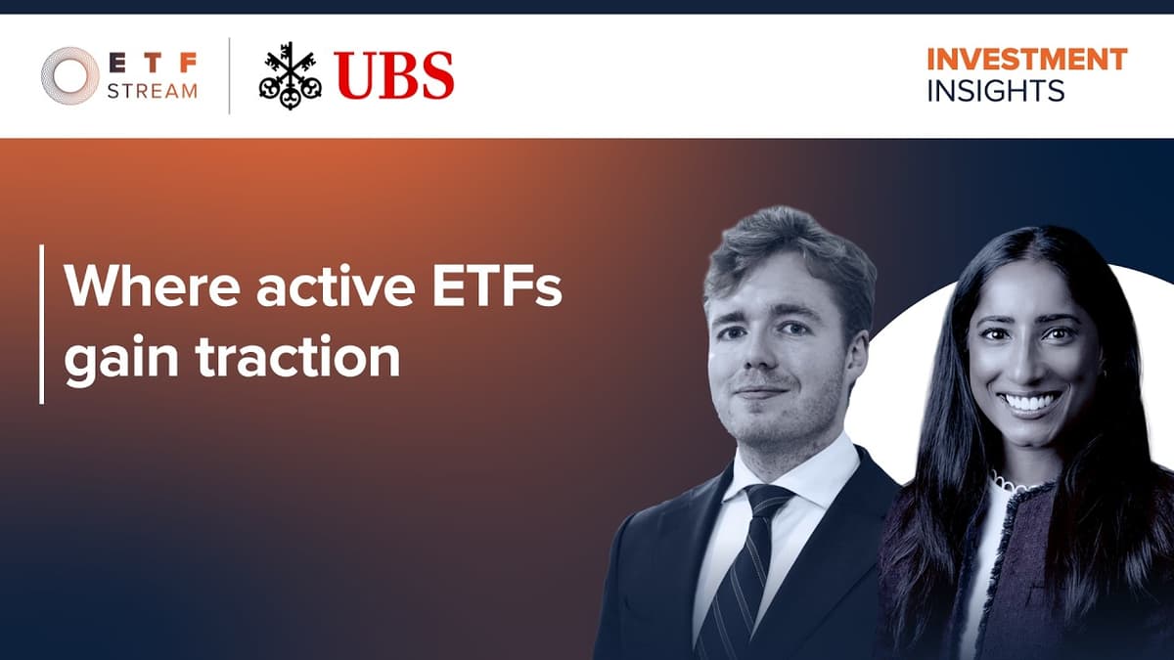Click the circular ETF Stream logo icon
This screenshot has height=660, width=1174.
(x=69, y=76)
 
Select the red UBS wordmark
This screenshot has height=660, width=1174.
(x=394, y=75)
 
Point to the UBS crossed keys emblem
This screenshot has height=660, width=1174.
(x=291, y=75)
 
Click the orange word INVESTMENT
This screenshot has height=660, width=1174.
(x=1026, y=59)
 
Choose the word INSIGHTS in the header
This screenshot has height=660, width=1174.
(x=995, y=91)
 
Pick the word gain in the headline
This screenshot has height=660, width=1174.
(x=121, y=358)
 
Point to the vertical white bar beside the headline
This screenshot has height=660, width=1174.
(x=41, y=324)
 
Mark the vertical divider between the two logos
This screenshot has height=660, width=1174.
(x=229, y=75)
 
